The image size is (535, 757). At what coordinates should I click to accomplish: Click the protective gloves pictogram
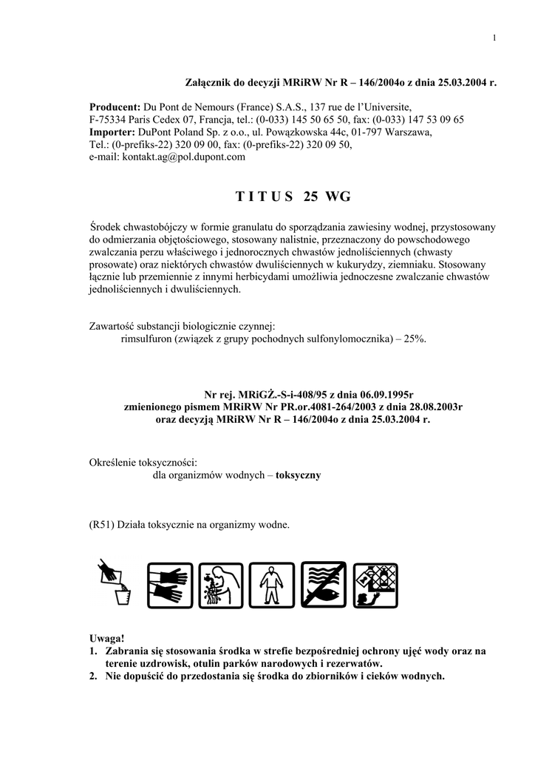pyautogui.click(x=170, y=585)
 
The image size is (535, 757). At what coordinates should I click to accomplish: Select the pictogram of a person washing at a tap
pyautogui.click(x=221, y=585)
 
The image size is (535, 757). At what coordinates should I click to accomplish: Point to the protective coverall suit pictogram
pyautogui.click(x=272, y=585)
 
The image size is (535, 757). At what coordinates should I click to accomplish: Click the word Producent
pyautogui.click(x=115, y=106)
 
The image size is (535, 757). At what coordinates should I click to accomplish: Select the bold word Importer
pyautogui.click(x=113, y=132)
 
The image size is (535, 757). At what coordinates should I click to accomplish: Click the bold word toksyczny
pyautogui.click(x=298, y=475)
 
